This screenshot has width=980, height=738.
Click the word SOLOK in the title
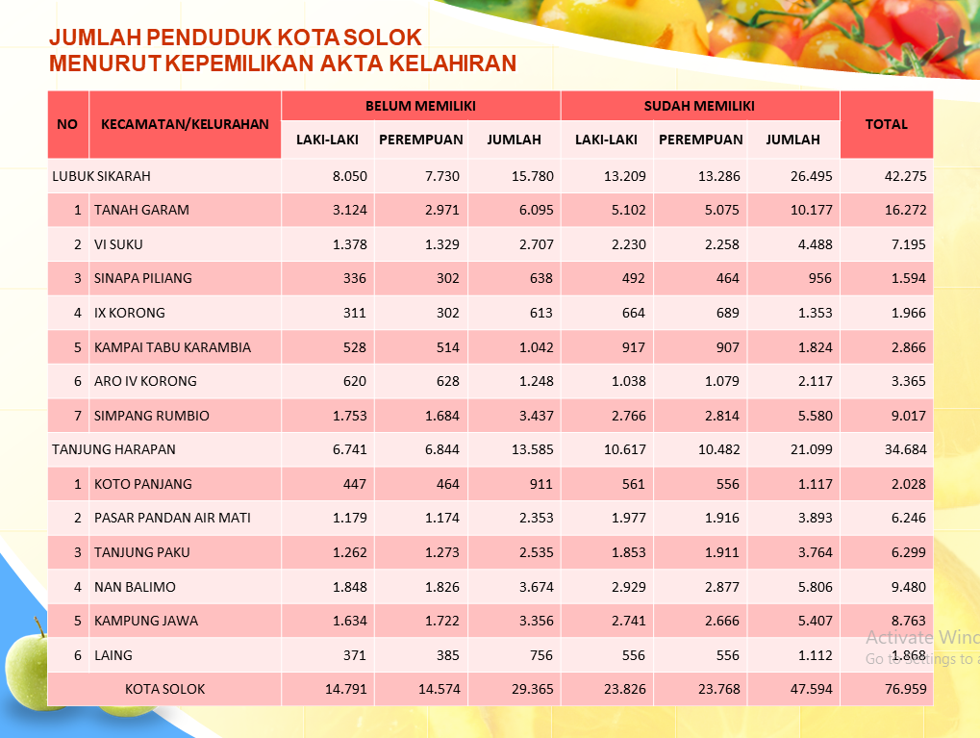383,38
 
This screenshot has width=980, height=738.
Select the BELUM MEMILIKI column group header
420,106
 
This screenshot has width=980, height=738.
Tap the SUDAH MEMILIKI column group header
699,106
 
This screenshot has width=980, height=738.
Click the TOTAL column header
887,124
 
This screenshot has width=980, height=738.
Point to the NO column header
67,124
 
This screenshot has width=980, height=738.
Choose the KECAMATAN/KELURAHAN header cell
185,124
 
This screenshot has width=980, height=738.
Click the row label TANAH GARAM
141,210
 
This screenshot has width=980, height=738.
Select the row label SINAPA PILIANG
143,278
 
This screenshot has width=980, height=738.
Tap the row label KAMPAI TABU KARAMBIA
172,347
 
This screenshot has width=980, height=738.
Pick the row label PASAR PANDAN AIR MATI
172,518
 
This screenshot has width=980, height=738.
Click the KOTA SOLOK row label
165,689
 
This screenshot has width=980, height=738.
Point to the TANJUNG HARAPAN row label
113,449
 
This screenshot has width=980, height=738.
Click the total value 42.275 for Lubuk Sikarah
906,176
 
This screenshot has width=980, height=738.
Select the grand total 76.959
906,689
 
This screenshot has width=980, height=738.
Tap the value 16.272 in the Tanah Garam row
906,210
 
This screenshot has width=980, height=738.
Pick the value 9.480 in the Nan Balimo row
909,587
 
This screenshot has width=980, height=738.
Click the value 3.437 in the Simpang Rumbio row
537,416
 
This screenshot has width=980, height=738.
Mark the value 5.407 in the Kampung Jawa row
815,621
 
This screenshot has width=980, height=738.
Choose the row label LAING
113,655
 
